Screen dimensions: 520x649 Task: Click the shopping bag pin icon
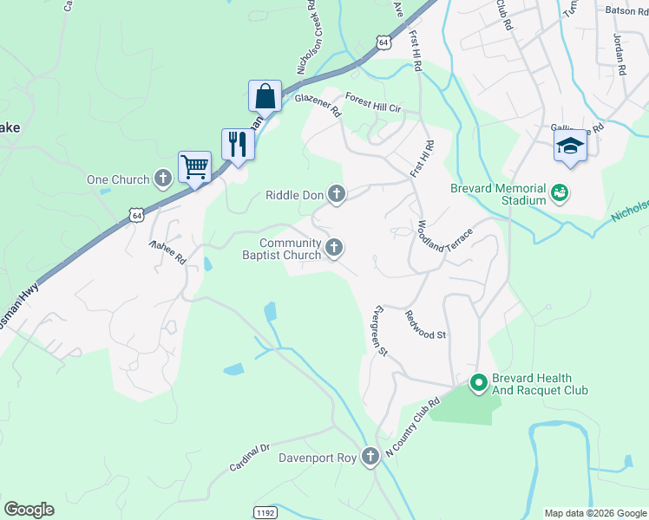click(265, 95)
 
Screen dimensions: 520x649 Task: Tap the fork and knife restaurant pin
click(237, 144)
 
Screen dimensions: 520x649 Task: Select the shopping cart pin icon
click(194, 166)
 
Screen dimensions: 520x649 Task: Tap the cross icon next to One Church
click(162, 179)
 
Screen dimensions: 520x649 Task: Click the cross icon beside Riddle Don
click(336, 195)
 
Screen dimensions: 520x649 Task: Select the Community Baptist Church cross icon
click(333, 250)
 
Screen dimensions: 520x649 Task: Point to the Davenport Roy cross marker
click(370, 456)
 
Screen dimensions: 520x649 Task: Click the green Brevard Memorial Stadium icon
click(560, 192)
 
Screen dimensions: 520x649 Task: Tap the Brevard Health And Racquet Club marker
click(477, 381)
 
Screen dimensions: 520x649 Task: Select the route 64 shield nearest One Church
click(134, 213)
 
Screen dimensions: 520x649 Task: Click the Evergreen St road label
click(378, 329)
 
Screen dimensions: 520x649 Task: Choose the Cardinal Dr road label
click(250, 458)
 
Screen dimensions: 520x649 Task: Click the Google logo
click(29, 510)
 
